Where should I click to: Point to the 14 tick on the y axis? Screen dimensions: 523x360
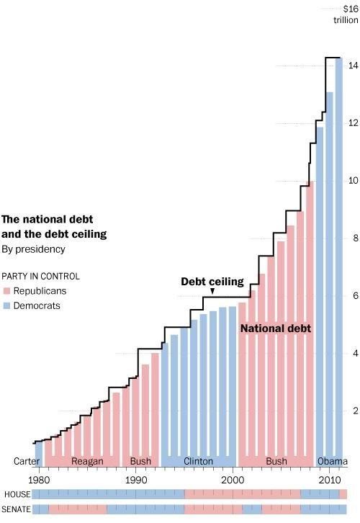pyautogui.click(x=354, y=66)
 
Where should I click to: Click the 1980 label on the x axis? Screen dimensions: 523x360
pyautogui.click(x=39, y=479)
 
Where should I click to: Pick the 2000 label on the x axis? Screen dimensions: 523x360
pyautogui.click(x=233, y=479)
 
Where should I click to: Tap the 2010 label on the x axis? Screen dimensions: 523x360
pyautogui.click(x=330, y=479)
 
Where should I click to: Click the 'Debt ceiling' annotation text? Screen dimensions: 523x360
pyautogui.click(x=212, y=281)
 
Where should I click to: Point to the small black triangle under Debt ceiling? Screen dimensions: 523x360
pyautogui.click(x=212, y=291)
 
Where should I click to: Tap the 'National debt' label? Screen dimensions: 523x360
pyautogui.click(x=275, y=328)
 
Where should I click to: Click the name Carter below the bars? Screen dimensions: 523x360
pyautogui.click(x=26, y=461)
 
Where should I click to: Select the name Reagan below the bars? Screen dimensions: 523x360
pyautogui.click(x=87, y=461)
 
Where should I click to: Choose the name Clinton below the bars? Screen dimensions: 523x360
pyautogui.click(x=199, y=461)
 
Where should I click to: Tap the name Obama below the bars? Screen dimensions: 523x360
pyautogui.click(x=332, y=461)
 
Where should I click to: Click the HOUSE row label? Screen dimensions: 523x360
pyautogui.click(x=16, y=494)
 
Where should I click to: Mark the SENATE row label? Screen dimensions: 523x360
pyautogui.click(x=17, y=509)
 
